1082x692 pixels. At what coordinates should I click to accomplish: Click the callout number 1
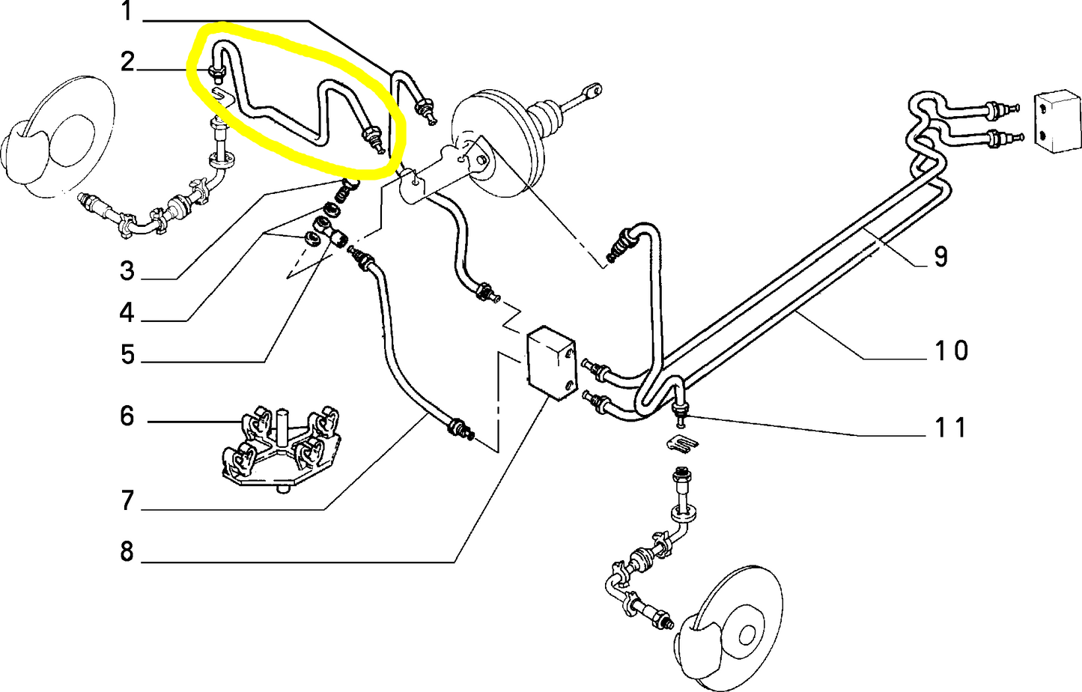127,12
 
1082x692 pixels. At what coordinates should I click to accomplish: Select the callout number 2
127,62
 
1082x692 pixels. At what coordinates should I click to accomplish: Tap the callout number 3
127,271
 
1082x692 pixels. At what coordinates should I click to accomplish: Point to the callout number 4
127,313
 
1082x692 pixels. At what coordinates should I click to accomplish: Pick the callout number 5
127,355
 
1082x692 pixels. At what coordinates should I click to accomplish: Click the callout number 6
127,416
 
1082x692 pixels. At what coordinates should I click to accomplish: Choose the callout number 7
127,500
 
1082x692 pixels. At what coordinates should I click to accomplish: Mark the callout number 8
127,552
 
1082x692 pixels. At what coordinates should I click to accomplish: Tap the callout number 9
940,257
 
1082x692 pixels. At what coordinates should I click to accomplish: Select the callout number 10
950,350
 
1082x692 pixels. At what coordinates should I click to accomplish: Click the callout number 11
950,428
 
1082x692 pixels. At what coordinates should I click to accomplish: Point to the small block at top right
1059,123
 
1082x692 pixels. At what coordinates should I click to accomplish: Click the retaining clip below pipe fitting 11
682,443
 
